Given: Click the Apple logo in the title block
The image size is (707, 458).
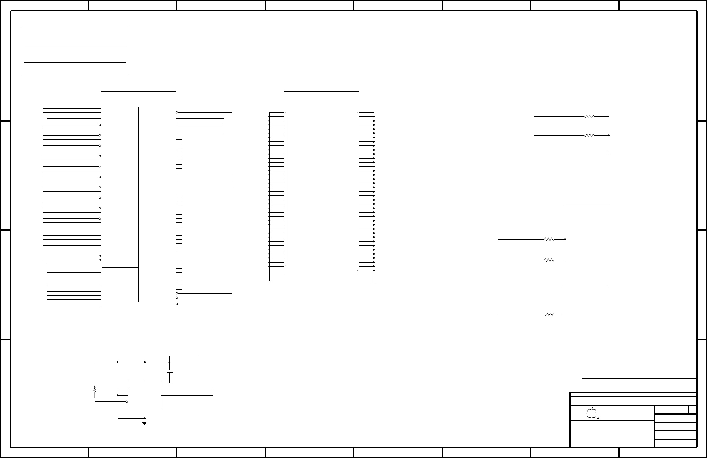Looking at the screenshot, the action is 591,412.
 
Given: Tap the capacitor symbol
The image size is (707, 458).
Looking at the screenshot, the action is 169,371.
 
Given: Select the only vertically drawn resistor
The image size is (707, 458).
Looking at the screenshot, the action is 95,389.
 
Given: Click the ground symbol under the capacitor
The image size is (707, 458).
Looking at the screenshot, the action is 169,384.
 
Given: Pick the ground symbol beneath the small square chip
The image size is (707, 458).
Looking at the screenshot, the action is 144,423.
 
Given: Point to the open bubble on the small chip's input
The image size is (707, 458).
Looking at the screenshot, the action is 127,402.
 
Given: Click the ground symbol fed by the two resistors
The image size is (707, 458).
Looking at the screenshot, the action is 609,153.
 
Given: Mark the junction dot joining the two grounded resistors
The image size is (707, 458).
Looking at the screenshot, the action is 609,135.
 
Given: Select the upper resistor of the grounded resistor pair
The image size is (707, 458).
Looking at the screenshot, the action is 589,117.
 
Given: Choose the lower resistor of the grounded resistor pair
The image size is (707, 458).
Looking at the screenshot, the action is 589,135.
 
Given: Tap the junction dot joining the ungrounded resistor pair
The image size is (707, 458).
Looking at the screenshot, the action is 565,239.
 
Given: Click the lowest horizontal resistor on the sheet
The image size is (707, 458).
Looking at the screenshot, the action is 550,314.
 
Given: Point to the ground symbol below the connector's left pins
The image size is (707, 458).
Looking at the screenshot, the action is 269,282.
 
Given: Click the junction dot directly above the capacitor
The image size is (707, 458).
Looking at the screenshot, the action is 169,362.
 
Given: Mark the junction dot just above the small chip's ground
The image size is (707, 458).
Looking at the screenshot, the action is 144,418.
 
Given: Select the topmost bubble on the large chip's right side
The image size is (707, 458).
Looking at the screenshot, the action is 177,112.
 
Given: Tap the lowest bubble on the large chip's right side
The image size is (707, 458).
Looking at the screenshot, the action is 177,304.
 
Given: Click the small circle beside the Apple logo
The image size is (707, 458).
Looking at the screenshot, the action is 598,418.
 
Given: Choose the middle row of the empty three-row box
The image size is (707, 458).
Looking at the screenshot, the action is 75,54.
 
